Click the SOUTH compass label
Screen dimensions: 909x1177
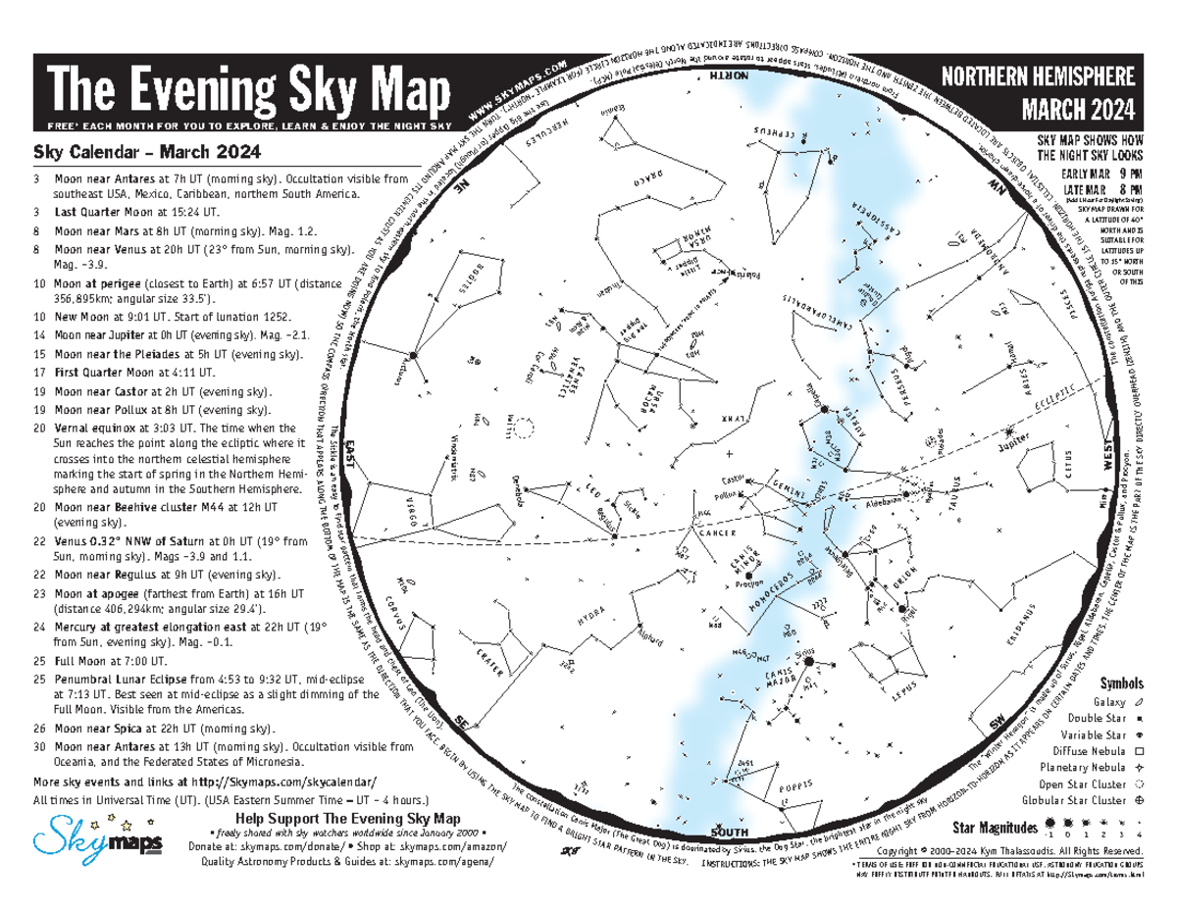pos(729,832)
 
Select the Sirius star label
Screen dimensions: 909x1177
pos(805,649)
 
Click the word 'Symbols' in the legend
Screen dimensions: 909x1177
pos(1121,682)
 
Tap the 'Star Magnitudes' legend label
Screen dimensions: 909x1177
pos(991,827)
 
